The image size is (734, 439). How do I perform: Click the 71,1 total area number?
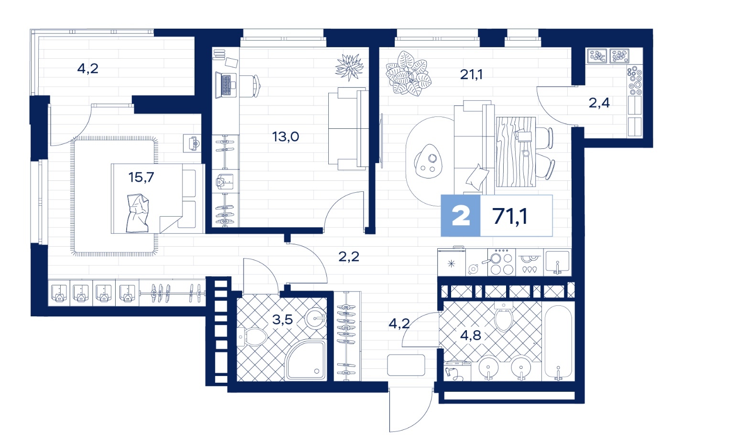coord(510,216)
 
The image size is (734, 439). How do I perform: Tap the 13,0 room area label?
coord(285,137)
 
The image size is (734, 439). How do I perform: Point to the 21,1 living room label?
coord(471,74)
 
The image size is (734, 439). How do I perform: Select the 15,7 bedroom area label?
coord(141,178)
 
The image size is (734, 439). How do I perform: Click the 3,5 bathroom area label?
coord(282,319)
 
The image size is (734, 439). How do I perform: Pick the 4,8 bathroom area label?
coord(471,335)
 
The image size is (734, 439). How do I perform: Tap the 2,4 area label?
coord(599,103)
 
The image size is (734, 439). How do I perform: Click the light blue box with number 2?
coord(460,216)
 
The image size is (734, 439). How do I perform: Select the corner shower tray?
coord(306,360)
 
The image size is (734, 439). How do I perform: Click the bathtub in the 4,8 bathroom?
coord(558,343)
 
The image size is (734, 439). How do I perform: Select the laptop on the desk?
coord(226,85)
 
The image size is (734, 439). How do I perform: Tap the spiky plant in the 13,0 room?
coord(349,67)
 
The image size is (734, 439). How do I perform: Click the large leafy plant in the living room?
coord(408,73)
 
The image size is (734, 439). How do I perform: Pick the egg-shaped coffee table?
coord(428,161)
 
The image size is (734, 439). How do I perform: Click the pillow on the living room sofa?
coord(477,178)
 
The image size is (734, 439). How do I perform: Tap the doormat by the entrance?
coord(406,365)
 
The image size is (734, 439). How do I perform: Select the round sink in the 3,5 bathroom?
coord(316,317)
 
